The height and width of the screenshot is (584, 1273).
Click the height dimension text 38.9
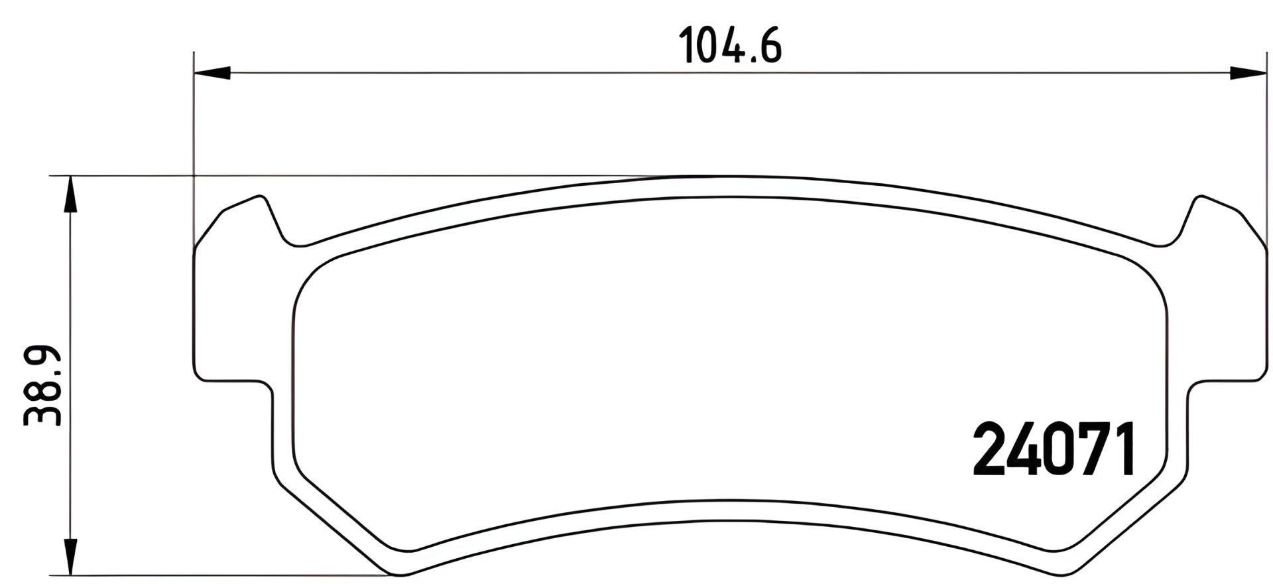click(43, 386)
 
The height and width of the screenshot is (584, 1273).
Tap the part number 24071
click(1055, 451)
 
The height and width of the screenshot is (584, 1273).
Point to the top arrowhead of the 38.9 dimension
click(70, 194)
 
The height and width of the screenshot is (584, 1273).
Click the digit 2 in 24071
click(990, 451)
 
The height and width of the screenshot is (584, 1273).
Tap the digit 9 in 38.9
click(43, 362)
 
